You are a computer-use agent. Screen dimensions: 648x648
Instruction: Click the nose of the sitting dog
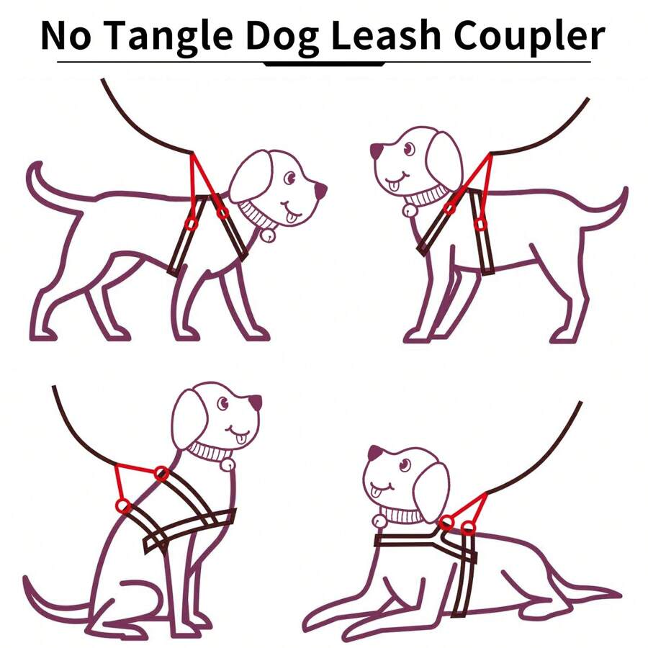point(255,402)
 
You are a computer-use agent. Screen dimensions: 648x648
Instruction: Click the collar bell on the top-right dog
point(408,210)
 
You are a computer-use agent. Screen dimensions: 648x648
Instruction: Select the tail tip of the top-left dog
point(32,168)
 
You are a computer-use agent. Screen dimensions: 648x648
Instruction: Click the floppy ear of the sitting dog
point(189,418)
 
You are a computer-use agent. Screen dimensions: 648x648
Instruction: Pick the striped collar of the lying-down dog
point(403,515)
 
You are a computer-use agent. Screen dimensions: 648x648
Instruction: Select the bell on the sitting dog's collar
point(228,465)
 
